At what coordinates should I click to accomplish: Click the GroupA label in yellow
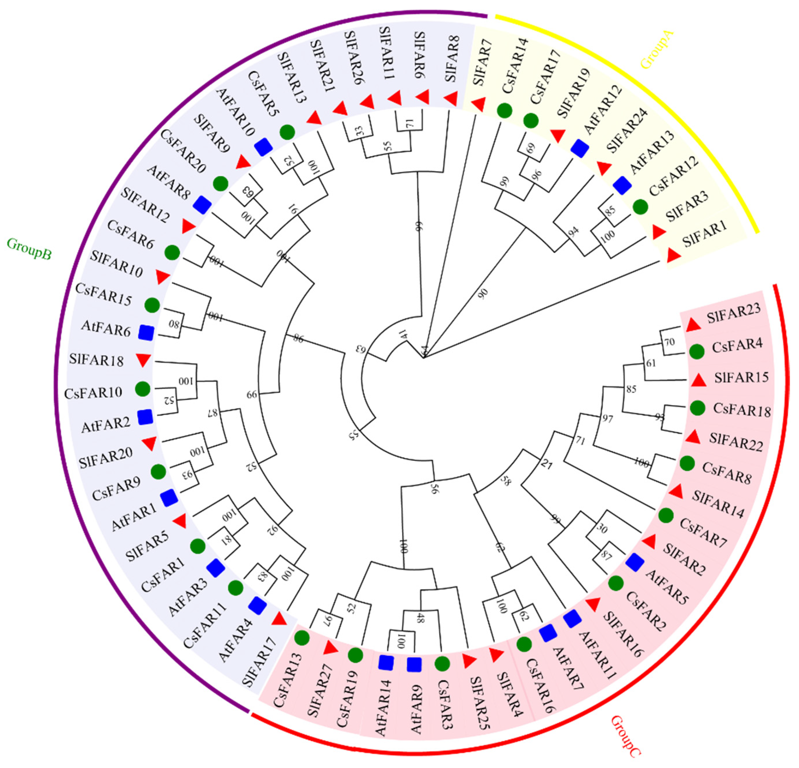[x=657, y=51]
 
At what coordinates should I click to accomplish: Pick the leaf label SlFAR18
[x=96, y=360]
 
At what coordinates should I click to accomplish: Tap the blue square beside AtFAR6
[x=146, y=332]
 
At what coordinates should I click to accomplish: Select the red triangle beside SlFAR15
[x=699, y=381]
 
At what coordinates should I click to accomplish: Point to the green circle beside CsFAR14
[x=505, y=111]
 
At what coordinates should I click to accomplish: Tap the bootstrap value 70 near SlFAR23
[x=670, y=342]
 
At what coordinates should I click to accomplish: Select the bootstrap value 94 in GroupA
[x=574, y=232]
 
